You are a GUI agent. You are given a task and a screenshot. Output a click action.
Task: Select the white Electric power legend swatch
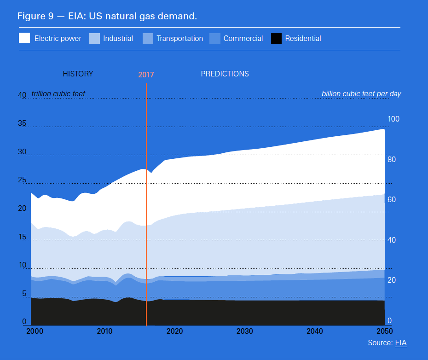(24, 38)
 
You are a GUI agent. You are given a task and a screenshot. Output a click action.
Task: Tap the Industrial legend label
(118, 39)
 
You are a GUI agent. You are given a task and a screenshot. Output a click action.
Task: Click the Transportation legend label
(179, 39)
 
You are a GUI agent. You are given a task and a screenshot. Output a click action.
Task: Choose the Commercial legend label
(243, 39)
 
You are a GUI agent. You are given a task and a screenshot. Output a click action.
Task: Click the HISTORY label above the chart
(78, 74)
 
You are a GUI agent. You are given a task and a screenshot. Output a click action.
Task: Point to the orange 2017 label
(146, 75)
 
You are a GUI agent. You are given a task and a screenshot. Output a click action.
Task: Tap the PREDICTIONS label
(225, 74)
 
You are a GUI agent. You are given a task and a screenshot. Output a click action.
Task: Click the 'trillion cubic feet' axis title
(58, 94)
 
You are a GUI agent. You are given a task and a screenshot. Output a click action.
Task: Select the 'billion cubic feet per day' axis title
(361, 94)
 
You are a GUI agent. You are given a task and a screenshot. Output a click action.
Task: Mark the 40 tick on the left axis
(22, 95)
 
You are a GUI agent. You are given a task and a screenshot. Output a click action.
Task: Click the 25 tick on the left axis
(22, 180)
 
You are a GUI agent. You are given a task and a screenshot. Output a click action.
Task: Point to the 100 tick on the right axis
(393, 119)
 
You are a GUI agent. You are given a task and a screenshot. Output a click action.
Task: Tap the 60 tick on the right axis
(392, 200)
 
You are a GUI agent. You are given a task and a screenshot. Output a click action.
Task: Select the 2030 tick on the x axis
(244, 331)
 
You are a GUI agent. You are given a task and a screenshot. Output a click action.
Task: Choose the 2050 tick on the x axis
(384, 331)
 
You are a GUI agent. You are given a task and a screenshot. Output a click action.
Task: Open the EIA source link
(401, 343)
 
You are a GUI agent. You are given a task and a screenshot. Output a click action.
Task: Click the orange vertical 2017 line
(146, 207)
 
